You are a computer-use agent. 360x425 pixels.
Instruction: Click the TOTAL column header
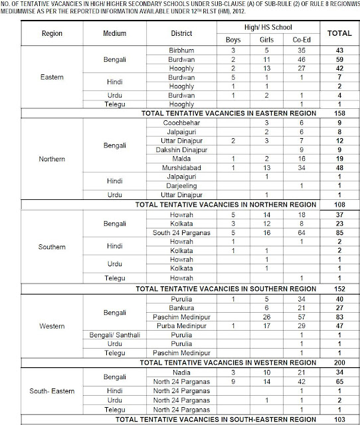click(x=339, y=32)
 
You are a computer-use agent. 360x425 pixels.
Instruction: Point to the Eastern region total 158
click(x=339, y=114)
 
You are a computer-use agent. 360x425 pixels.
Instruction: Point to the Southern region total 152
click(x=339, y=288)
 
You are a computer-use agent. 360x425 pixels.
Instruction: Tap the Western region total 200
click(x=339, y=363)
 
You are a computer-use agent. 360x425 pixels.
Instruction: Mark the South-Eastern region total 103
click(x=339, y=420)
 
